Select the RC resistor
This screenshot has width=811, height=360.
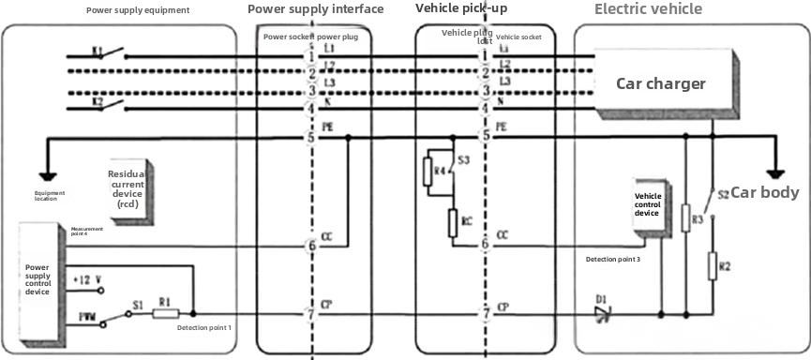point(453,222)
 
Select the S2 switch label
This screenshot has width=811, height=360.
point(723,195)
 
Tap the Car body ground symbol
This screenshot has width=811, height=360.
point(774,173)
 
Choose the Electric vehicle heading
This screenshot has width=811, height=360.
point(648,9)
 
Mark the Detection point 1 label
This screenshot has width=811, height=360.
point(203,328)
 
